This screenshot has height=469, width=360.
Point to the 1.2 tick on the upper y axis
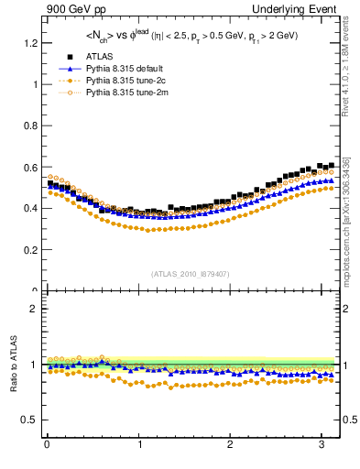tap(29, 43)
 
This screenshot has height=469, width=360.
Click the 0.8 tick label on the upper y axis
tap(29, 125)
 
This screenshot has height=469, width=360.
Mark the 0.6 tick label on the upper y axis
tap(29, 167)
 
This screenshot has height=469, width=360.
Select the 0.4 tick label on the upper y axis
tap(29, 208)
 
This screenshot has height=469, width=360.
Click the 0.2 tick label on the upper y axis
tap(29, 249)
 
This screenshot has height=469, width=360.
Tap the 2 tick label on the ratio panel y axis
tap(34, 309)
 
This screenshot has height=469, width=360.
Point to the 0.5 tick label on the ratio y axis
tap(29, 420)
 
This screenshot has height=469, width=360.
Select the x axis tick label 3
tap(322, 446)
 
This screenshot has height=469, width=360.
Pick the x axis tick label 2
tap(231, 446)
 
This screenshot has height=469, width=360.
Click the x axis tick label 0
tap(47, 446)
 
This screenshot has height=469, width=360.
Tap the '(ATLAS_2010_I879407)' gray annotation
tap(191, 273)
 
